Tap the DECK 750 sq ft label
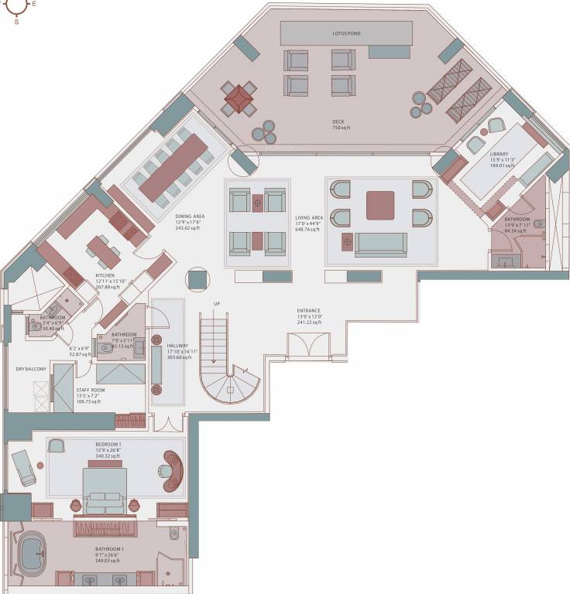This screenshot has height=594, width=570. coord(338,125)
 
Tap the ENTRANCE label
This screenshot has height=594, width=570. coord(307,312)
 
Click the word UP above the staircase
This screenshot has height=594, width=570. coord(216,304)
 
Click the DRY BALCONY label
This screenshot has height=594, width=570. coord(31,369)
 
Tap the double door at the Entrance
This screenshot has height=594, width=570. coord(307,345)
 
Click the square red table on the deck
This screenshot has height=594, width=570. coord(238,97)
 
